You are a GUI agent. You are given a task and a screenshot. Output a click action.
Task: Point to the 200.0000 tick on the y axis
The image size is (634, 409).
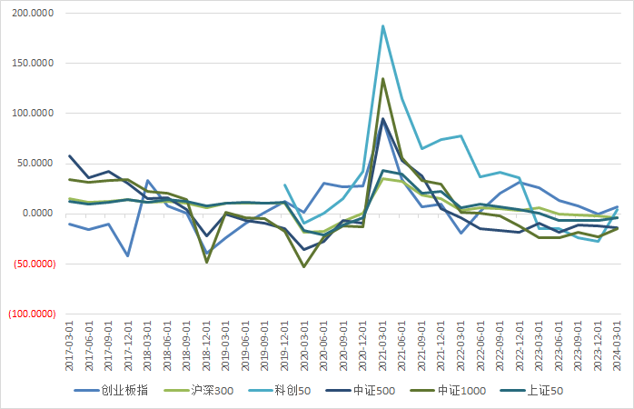tap(31, 14)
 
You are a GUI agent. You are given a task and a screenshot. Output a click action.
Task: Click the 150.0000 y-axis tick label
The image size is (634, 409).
tap(31, 64)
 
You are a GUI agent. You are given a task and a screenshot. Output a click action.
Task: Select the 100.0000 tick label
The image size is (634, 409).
tap(31, 114)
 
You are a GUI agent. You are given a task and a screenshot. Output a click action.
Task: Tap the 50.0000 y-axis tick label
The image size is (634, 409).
tap(34, 164)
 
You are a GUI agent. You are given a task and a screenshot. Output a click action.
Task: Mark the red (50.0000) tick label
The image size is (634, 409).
tap(32, 264)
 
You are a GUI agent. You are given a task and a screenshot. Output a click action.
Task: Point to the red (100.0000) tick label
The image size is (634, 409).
tap(30, 314)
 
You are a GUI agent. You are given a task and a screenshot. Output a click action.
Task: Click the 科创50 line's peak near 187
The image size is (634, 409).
tap(383, 25)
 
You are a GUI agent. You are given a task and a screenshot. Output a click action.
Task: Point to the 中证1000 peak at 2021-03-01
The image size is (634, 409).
tap(383, 78)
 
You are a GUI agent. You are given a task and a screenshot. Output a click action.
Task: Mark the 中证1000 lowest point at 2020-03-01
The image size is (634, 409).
tap(304, 266)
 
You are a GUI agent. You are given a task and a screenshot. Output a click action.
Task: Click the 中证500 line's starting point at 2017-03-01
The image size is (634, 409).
tap(70, 155)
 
